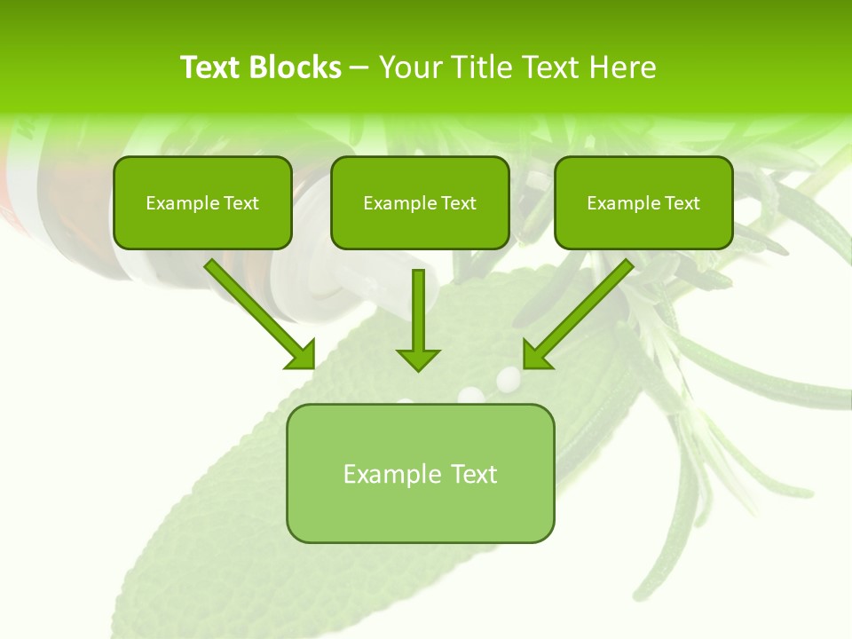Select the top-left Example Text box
click(x=202, y=203)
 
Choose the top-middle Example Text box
click(x=420, y=203)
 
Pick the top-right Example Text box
click(x=643, y=203)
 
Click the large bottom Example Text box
click(x=420, y=474)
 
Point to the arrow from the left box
click(x=257, y=312)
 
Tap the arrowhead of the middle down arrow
click(x=418, y=359)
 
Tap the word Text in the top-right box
click(x=682, y=203)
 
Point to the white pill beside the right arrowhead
click(x=508, y=378)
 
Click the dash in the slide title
click(x=359, y=67)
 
